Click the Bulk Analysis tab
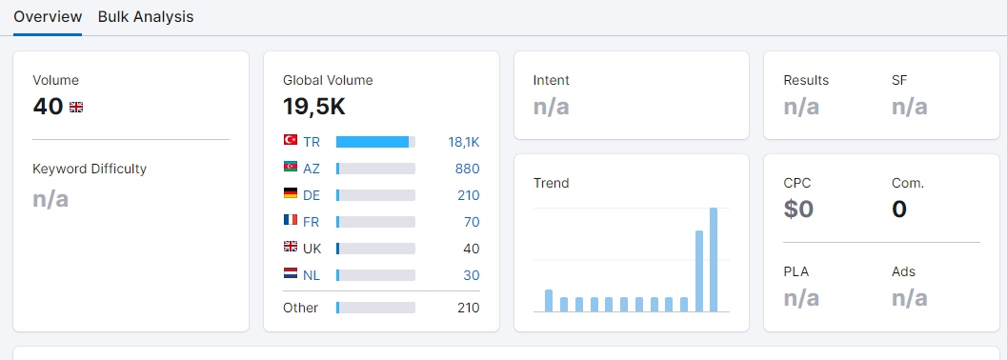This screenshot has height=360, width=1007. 146,17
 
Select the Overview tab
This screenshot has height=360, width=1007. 48,17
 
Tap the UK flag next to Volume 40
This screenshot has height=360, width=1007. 76,108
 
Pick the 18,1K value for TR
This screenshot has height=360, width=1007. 464,143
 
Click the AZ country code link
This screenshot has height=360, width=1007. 312,169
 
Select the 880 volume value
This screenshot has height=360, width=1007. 468,169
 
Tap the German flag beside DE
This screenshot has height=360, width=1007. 291,193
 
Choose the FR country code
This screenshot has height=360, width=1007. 312,222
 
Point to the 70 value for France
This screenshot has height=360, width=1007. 472,222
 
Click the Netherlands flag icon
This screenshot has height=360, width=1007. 291,273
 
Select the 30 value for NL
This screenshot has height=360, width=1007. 472,275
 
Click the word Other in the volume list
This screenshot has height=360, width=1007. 300,308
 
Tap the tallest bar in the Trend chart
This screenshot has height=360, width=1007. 714,260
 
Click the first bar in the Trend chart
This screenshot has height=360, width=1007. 549,301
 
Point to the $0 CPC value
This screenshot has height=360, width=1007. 798,210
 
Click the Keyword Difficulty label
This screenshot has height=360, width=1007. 90,169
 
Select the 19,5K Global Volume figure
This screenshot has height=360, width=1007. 314,108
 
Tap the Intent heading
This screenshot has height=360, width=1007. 551,80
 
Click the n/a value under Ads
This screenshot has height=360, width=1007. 910,298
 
